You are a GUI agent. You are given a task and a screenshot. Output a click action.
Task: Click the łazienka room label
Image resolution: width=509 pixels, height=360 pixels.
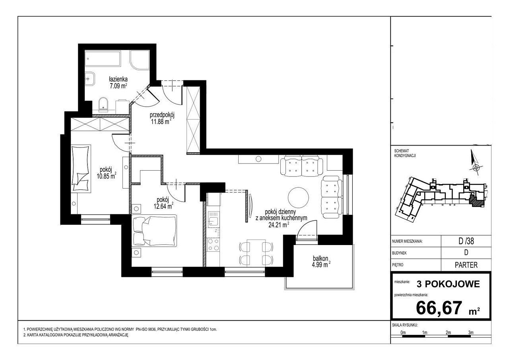(x=118, y=79)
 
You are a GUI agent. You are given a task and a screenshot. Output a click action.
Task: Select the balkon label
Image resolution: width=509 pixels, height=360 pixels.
(x=321, y=259)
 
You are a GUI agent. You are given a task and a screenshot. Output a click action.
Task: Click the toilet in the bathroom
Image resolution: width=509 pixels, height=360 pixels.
(x=104, y=104)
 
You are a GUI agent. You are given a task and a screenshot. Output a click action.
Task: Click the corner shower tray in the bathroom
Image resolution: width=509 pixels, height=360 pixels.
(x=139, y=60)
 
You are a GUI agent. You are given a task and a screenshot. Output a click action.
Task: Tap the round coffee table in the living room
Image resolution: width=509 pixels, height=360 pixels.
(x=298, y=197)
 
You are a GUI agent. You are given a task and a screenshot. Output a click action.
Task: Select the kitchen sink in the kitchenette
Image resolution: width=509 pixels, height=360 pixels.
(x=214, y=219)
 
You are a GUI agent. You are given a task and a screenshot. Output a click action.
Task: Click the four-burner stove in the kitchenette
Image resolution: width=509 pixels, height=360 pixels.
(x=214, y=245)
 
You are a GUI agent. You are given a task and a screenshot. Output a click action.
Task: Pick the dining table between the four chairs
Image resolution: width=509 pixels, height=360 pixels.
(x=256, y=253)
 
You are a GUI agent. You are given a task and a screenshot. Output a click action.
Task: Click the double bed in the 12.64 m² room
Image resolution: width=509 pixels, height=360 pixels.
(x=155, y=231)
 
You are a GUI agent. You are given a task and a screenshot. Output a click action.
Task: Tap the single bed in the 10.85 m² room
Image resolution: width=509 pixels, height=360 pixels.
(x=81, y=169)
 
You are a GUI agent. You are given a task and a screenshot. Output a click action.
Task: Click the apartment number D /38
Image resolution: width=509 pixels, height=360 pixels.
(x=466, y=241)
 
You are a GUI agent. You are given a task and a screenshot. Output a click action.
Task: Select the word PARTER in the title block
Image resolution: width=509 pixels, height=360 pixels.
(x=466, y=265)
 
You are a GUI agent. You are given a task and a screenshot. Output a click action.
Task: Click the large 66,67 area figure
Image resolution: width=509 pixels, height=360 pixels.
(x=439, y=308)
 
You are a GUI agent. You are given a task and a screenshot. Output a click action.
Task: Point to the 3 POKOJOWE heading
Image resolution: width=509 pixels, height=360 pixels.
(x=448, y=284)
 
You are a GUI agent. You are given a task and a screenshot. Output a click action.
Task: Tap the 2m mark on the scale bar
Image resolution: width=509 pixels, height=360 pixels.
(x=448, y=333)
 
